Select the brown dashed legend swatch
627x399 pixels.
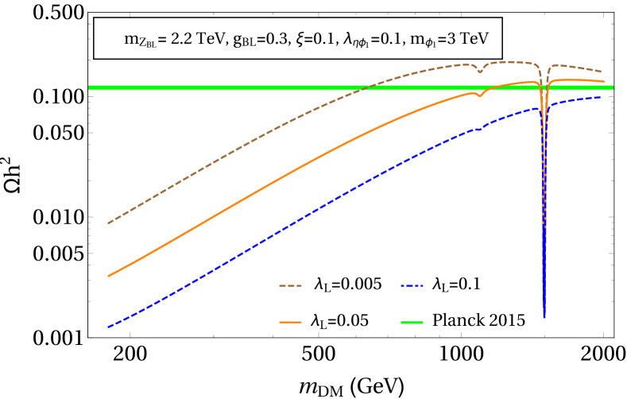pyautogui.click(x=290, y=285)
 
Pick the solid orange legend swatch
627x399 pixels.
pyautogui.click(x=290, y=322)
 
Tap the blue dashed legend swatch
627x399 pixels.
pyautogui.click(x=412, y=285)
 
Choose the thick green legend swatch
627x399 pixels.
pyautogui.click(x=412, y=322)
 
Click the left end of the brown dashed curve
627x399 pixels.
pyautogui.click(x=108, y=223)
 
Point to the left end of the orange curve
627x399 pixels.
pyautogui.click(x=108, y=276)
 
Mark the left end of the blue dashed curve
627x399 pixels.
pyautogui.click(x=108, y=327)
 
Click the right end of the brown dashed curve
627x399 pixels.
pyautogui.click(x=601, y=72)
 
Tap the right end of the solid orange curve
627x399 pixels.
pyautogui.click(x=604, y=82)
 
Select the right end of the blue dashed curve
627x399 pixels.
pyautogui.click(x=600, y=97)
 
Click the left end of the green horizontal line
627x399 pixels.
pyautogui.click(x=89, y=87)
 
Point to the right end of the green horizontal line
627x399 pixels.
pyautogui.click(x=613, y=87)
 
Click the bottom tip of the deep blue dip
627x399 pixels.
pyautogui.click(x=544, y=317)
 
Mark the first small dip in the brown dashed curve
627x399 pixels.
pyautogui.click(x=480, y=72)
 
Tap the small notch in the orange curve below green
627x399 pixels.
pyautogui.click(x=478, y=95)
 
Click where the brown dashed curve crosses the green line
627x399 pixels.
pyautogui.click(x=362, y=87)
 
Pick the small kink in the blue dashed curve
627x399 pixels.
pyautogui.click(x=480, y=128)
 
